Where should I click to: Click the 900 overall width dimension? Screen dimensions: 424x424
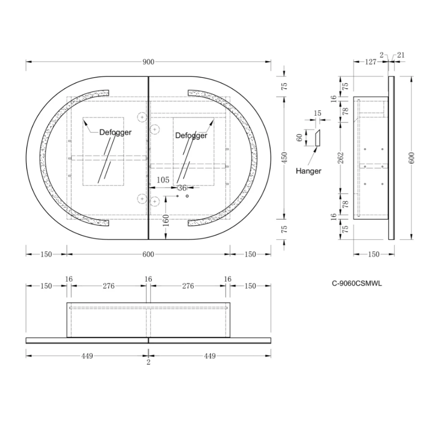[148, 62]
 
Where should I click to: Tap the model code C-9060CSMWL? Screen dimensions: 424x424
[357, 283]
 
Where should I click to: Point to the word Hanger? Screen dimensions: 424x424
[309, 171]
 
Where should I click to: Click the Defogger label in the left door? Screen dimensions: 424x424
[115, 132]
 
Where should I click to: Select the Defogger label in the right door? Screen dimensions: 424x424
[191, 135]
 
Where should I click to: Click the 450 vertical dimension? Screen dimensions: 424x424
[284, 158]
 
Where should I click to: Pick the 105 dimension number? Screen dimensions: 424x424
[163, 180]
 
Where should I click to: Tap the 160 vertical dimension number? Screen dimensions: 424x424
[166, 220]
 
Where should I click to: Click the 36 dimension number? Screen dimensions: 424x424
[182, 188]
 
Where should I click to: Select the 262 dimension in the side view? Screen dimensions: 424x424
[341, 158]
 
